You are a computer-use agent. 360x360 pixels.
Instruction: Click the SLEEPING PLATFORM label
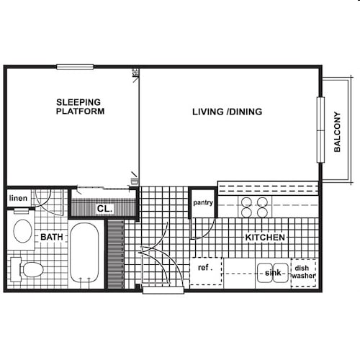pos(80,107)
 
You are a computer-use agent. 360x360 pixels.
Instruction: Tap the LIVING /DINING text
pos(227,112)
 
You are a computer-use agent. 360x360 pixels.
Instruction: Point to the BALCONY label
pos(337,132)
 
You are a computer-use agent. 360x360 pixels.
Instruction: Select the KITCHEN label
pos(265,238)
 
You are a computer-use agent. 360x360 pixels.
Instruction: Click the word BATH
pos(52,237)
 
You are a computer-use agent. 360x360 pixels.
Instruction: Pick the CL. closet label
pos(104,209)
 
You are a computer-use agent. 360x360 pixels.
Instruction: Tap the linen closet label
pos(18,198)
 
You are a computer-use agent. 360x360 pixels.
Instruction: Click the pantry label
pos(203,203)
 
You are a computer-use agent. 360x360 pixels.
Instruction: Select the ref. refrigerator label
pos(205,267)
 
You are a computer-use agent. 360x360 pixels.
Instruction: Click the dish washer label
pos(303,271)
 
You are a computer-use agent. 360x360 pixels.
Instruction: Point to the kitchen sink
pos(273,273)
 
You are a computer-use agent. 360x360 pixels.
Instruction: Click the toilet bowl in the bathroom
pos(33,269)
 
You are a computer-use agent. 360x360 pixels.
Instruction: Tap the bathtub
pos(84,254)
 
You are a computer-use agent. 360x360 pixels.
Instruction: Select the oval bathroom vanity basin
pos(23,231)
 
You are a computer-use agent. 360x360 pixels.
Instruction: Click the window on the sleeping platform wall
pos(75,67)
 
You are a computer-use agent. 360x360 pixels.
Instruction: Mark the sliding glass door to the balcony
pos(320,130)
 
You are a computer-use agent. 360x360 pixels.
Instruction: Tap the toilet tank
pos(16,269)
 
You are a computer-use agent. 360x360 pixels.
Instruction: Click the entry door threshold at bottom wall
pos(163,290)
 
